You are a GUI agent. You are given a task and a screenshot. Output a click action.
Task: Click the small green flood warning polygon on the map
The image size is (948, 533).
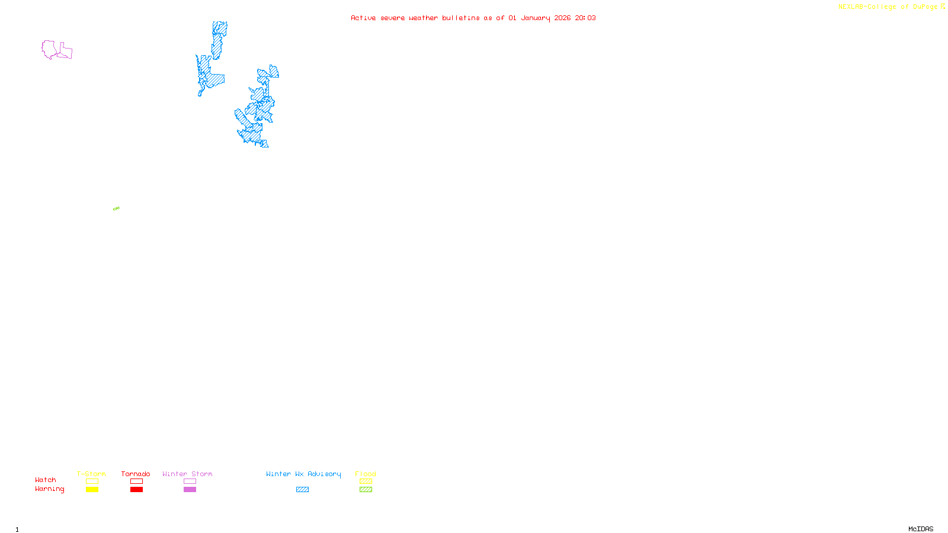pyautogui.click(x=116, y=208)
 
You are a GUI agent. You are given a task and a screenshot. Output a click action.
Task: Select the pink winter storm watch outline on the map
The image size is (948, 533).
pyautogui.click(x=50, y=49)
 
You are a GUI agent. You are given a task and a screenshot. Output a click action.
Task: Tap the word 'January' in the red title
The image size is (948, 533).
pyautogui.click(x=536, y=18)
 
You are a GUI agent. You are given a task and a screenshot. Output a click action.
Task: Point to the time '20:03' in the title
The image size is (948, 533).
pyautogui.click(x=585, y=18)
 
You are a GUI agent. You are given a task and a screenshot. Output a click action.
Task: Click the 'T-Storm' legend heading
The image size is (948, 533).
pyautogui.click(x=91, y=474)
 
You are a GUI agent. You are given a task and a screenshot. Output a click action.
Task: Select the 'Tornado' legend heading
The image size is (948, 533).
pyautogui.click(x=136, y=474)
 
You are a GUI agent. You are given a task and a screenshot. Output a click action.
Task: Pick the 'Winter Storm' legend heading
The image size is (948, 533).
pyautogui.click(x=187, y=474)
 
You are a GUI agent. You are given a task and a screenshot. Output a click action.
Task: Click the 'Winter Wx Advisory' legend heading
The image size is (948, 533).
pyautogui.click(x=303, y=474)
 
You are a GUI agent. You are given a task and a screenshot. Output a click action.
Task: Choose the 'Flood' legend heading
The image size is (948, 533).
pyautogui.click(x=366, y=474)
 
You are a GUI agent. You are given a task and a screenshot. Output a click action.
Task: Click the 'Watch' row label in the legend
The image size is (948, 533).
pyautogui.click(x=46, y=480)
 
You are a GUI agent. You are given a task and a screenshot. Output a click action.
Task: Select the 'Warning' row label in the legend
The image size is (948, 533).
pyautogui.click(x=50, y=489)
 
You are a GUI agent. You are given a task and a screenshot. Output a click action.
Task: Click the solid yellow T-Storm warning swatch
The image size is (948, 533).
pyautogui.click(x=92, y=490)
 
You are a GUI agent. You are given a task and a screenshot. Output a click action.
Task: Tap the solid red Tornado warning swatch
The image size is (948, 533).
pyautogui.click(x=136, y=490)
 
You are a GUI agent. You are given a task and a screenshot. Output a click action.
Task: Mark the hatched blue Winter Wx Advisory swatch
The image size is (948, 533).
pyautogui.click(x=302, y=490)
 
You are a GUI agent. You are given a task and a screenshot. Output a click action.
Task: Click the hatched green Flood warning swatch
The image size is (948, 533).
pyautogui.click(x=366, y=490)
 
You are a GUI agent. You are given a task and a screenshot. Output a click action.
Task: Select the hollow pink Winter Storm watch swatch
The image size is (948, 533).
pyautogui.click(x=190, y=481)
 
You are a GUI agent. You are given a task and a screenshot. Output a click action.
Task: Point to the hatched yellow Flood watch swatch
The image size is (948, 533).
pyautogui.click(x=366, y=481)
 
